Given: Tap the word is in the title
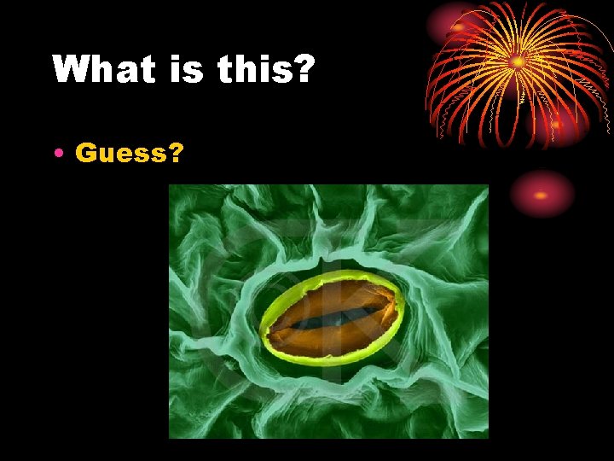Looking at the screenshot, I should point(189,69).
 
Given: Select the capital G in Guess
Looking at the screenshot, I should point(85,153).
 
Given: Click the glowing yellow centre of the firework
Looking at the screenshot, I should point(518,61).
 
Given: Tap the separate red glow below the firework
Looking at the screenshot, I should point(542,195).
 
